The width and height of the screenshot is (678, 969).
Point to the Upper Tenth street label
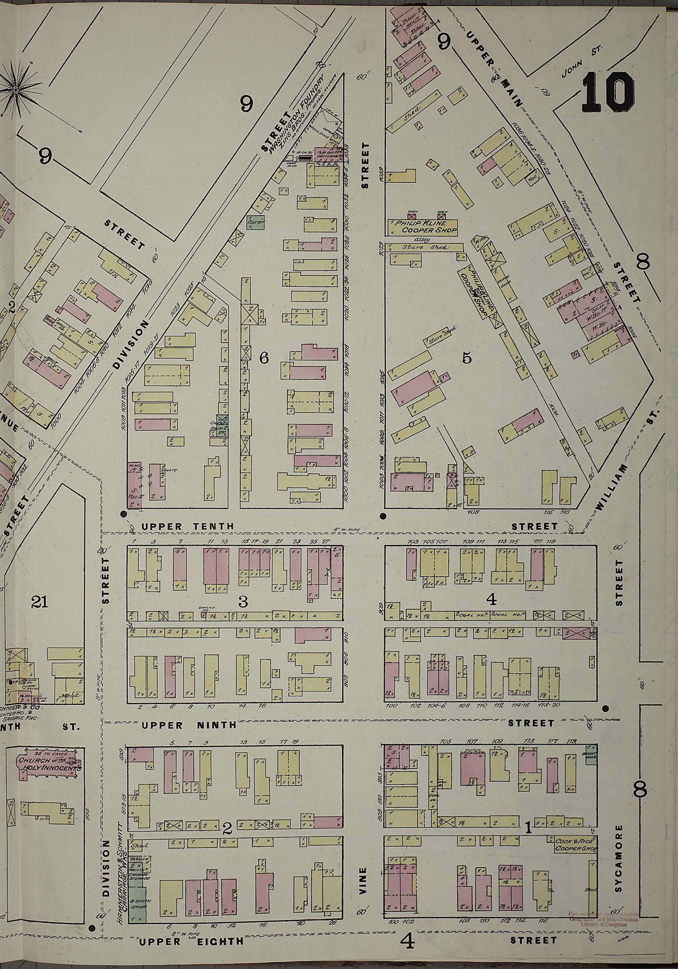click(187, 526)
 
